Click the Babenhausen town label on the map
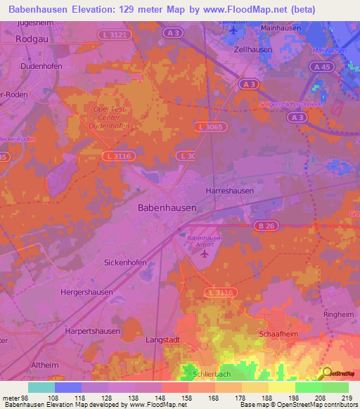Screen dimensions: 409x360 pyautogui.click(x=167, y=209)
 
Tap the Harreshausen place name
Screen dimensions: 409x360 pyautogui.click(x=230, y=190)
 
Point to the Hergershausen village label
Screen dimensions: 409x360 pyautogui.click(x=87, y=292)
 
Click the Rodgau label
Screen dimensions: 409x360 pyautogui.click(x=31, y=39)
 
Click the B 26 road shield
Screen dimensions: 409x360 pyautogui.click(x=265, y=226)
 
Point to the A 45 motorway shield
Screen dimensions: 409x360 pyautogui.click(x=323, y=67)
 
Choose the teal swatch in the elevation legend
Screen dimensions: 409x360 pyautogui.click(x=41, y=387)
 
